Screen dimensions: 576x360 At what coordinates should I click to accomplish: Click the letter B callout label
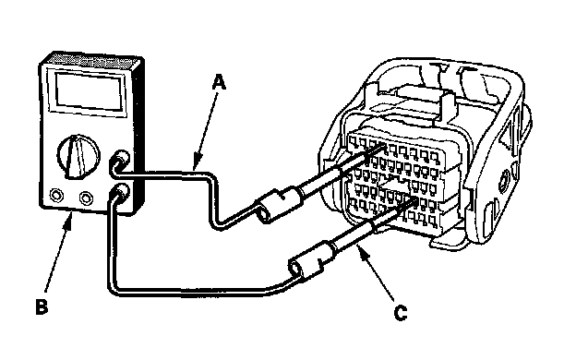[42, 306]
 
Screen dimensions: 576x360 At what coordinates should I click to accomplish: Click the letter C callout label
[400, 313]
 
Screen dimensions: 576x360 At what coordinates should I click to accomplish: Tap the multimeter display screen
[90, 91]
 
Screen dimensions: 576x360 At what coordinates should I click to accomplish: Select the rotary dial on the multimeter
[78, 157]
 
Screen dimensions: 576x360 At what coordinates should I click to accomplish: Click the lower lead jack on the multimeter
[119, 193]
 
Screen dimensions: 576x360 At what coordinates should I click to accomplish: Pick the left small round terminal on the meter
[56, 195]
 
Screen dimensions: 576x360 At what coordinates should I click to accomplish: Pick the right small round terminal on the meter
[86, 198]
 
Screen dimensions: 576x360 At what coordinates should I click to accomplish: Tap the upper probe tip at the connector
[384, 147]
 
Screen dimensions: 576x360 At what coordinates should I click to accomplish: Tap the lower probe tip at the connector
[414, 199]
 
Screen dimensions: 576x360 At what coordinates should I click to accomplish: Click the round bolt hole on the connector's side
[504, 180]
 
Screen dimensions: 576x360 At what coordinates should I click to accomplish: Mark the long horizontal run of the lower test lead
[191, 293]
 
